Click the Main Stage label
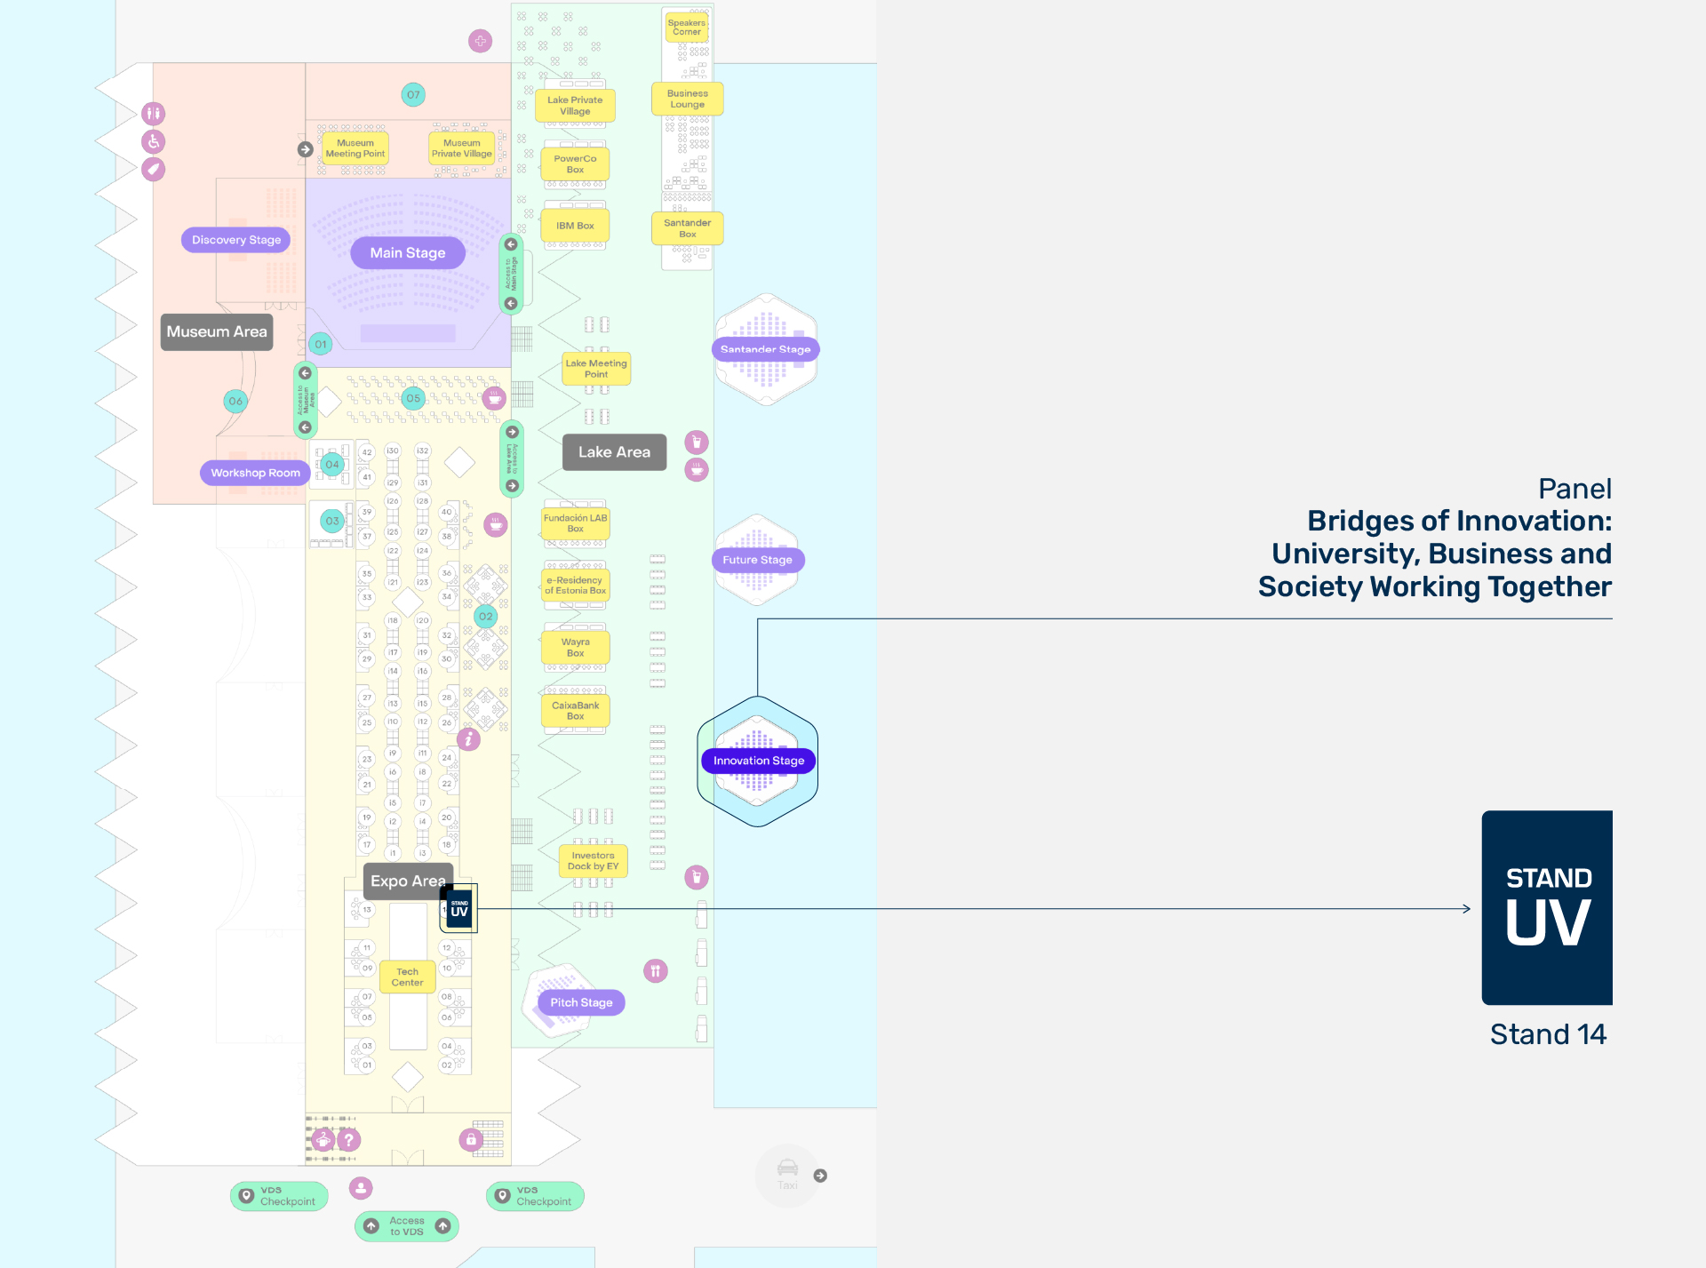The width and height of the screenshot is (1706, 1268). [x=408, y=253]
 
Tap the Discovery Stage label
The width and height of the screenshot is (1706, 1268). [x=236, y=240]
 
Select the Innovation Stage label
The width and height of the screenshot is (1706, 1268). [x=758, y=761]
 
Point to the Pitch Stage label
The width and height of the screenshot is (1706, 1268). [x=581, y=1002]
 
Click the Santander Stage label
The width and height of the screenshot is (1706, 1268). [x=765, y=349]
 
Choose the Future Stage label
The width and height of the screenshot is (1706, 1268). [x=757, y=560]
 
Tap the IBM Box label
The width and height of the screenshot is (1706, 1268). [x=575, y=226]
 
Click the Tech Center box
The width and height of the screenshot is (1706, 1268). [x=407, y=977]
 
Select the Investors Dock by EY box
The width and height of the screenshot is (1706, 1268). [x=593, y=861]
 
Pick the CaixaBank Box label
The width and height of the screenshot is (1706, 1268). [x=575, y=711]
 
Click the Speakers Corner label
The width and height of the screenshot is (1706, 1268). [x=686, y=28]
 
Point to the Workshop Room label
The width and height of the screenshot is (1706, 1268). [x=255, y=473]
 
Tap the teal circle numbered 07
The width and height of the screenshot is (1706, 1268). [x=413, y=95]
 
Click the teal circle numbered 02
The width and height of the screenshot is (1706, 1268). [x=486, y=617]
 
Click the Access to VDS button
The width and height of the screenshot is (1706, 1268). [x=407, y=1226]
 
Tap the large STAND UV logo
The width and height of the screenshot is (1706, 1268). [x=1547, y=907]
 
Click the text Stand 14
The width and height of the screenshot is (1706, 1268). [x=1548, y=1034]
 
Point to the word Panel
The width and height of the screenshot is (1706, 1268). [x=1574, y=489]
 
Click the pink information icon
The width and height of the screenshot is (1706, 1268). [x=468, y=739]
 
